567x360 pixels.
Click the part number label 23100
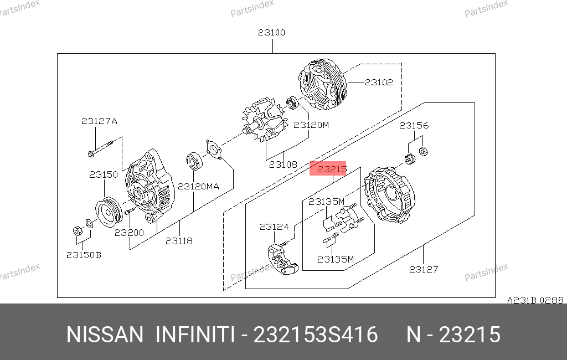[x=271, y=33]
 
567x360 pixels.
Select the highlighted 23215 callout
[x=328, y=168]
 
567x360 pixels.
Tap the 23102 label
[x=379, y=83]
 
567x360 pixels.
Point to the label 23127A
[x=99, y=121]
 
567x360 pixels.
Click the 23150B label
[x=84, y=255]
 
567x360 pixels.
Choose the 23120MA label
[x=199, y=186]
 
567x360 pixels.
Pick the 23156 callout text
[x=414, y=126]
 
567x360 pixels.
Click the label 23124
[x=274, y=227]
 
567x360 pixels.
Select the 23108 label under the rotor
[x=283, y=164]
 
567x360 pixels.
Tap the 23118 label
[x=179, y=241]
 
